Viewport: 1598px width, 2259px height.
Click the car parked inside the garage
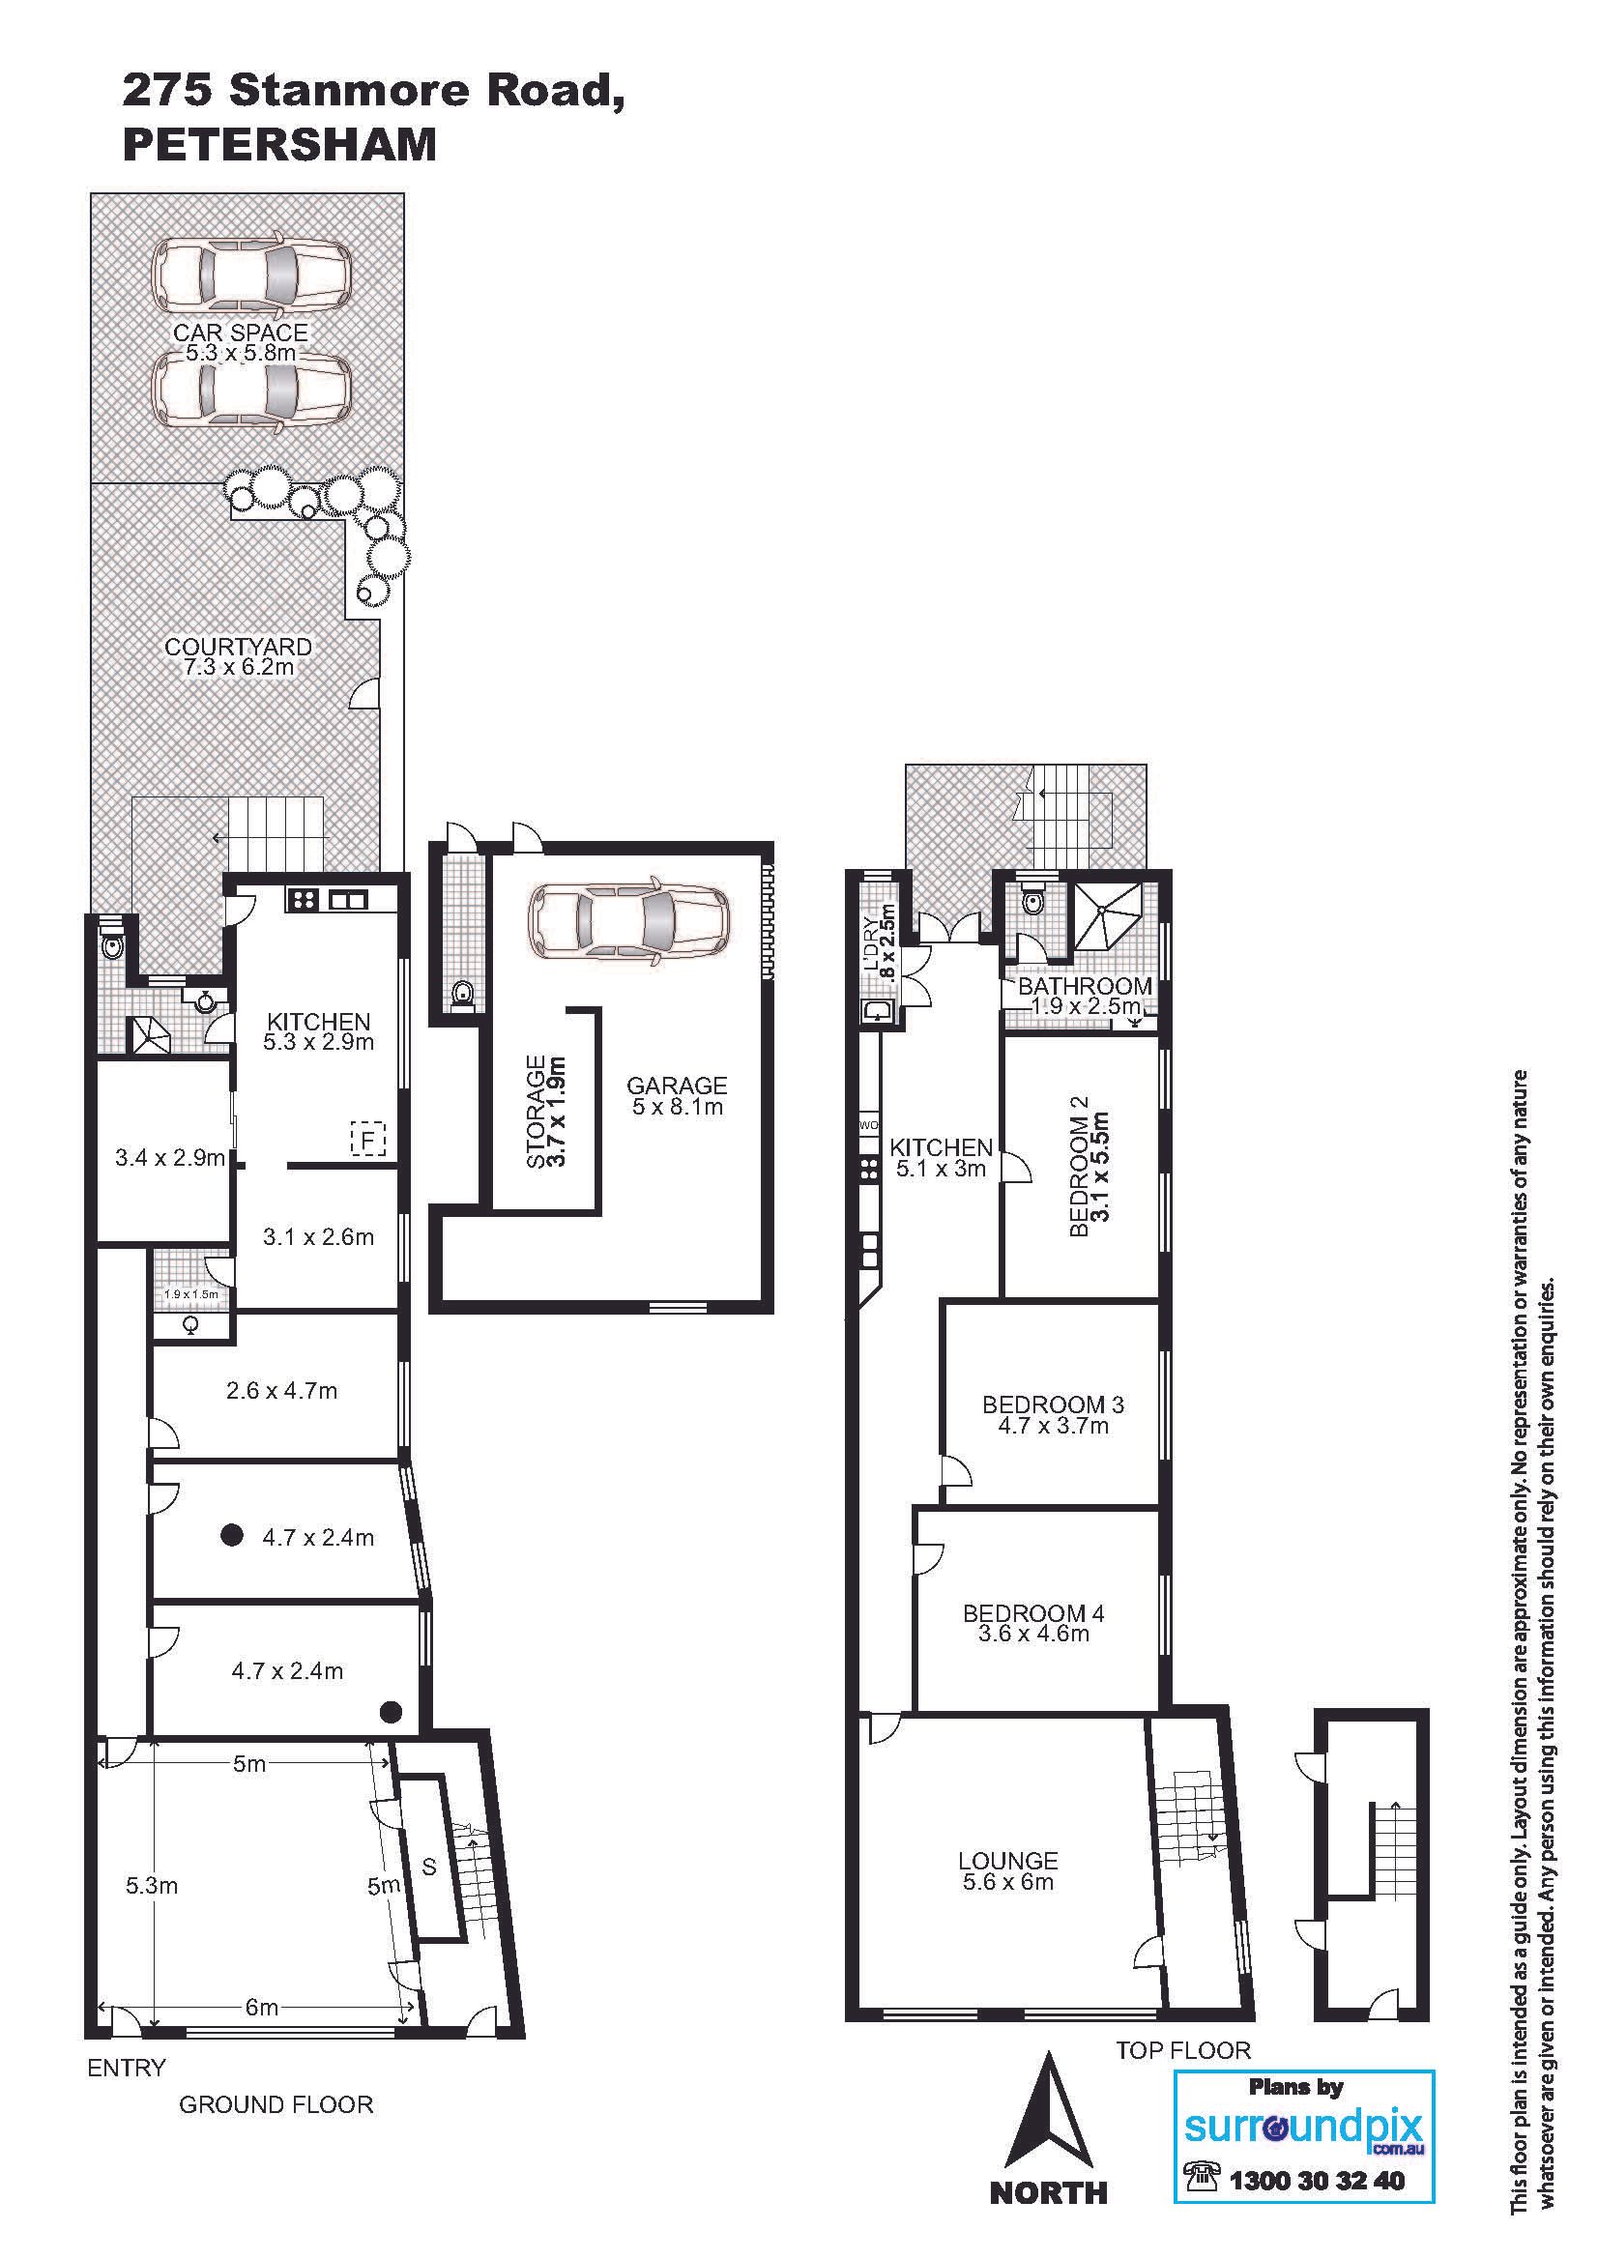coord(629,920)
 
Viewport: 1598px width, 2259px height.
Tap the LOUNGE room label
coord(1008,1861)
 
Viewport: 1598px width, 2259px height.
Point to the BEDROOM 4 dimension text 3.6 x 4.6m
coord(1033,1635)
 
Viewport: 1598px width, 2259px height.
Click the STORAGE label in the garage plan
coord(537,1112)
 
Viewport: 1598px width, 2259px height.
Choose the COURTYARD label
coord(238,647)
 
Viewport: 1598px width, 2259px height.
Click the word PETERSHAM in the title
coord(279,146)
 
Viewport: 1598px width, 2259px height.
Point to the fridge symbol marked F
coord(368,1141)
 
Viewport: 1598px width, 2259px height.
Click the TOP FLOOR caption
coord(1182,2050)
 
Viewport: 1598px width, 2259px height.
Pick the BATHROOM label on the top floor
coord(1085,986)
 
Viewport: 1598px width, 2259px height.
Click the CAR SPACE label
coord(241,333)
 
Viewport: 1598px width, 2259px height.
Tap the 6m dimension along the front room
coord(262,2007)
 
